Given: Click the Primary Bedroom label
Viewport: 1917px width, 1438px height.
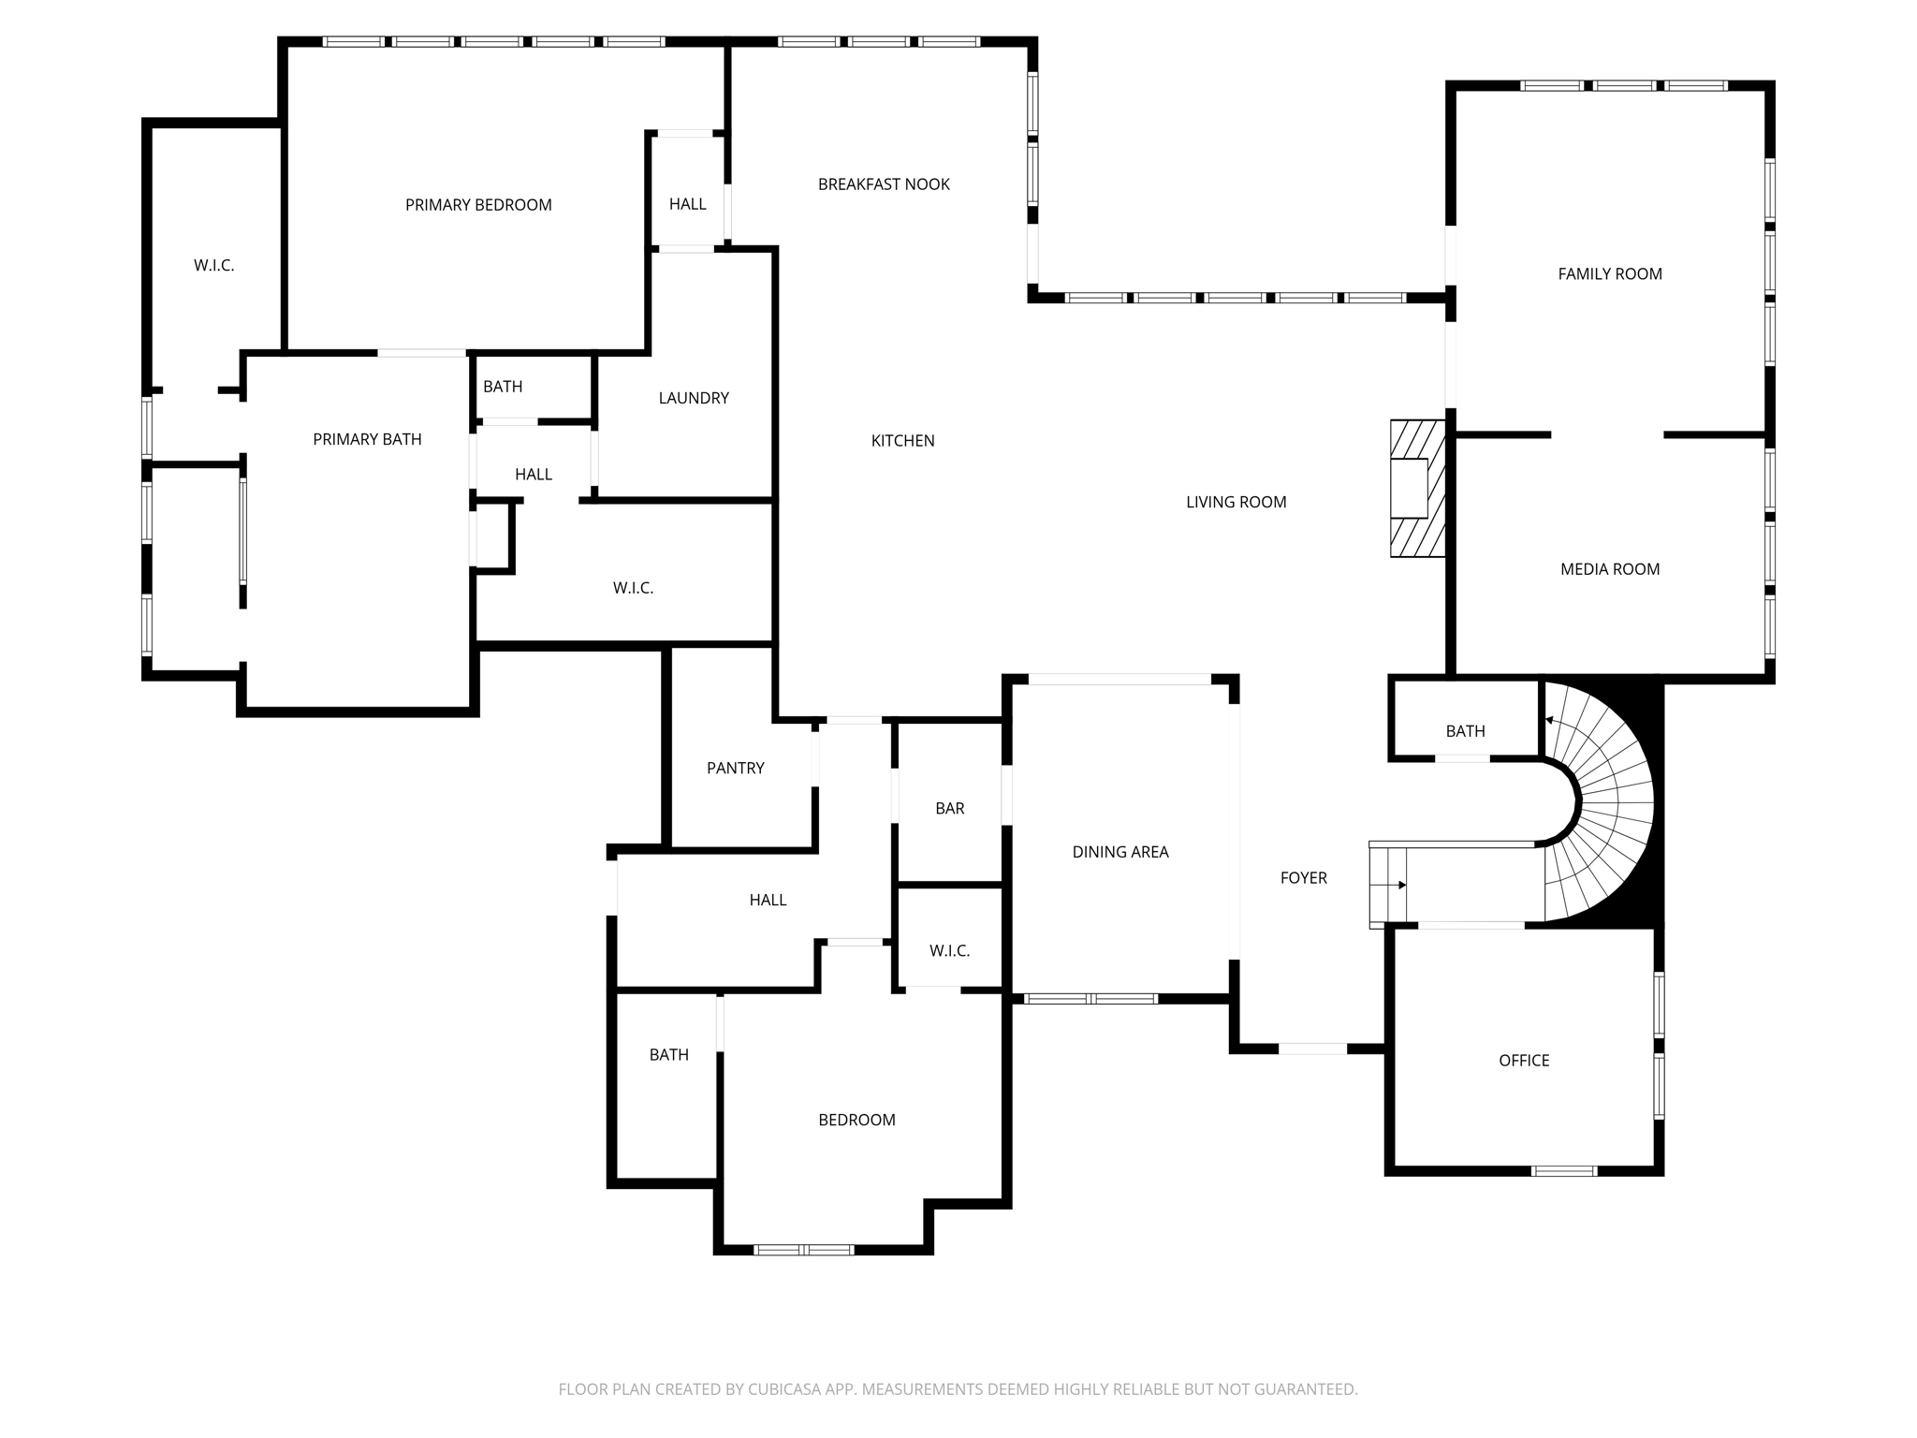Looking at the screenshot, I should (478, 205).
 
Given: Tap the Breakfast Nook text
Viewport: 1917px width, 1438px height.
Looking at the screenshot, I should (884, 184).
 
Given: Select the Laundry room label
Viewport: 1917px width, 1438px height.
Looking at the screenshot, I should (694, 398).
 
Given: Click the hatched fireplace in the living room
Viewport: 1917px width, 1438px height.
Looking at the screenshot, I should (1417, 488).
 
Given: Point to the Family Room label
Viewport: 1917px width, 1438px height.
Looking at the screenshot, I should (1610, 274).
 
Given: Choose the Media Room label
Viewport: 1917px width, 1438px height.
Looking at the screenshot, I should (1610, 569).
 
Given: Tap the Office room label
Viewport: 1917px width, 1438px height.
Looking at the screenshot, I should (1524, 1061).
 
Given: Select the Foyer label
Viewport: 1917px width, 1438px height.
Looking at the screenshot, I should (1304, 878).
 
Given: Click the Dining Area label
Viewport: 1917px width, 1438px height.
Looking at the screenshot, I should (1120, 852).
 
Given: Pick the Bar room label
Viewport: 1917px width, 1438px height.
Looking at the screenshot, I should (949, 809).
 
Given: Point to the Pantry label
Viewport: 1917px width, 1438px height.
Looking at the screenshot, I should (736, 769).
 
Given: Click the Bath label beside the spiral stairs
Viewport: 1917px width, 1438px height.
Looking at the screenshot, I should (1465, 731).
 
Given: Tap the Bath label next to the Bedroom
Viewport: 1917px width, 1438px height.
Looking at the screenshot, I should (669, 1055).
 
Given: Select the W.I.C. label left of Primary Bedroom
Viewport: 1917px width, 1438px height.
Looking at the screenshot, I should (214, 266).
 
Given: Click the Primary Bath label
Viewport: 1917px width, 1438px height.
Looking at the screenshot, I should (367, 439).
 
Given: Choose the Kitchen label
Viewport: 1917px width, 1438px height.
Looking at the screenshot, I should (902, 441).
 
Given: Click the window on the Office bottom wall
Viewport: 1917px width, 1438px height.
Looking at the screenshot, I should (1564, 1171).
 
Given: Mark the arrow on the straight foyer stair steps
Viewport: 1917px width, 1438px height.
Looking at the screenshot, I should (1401, 885).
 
